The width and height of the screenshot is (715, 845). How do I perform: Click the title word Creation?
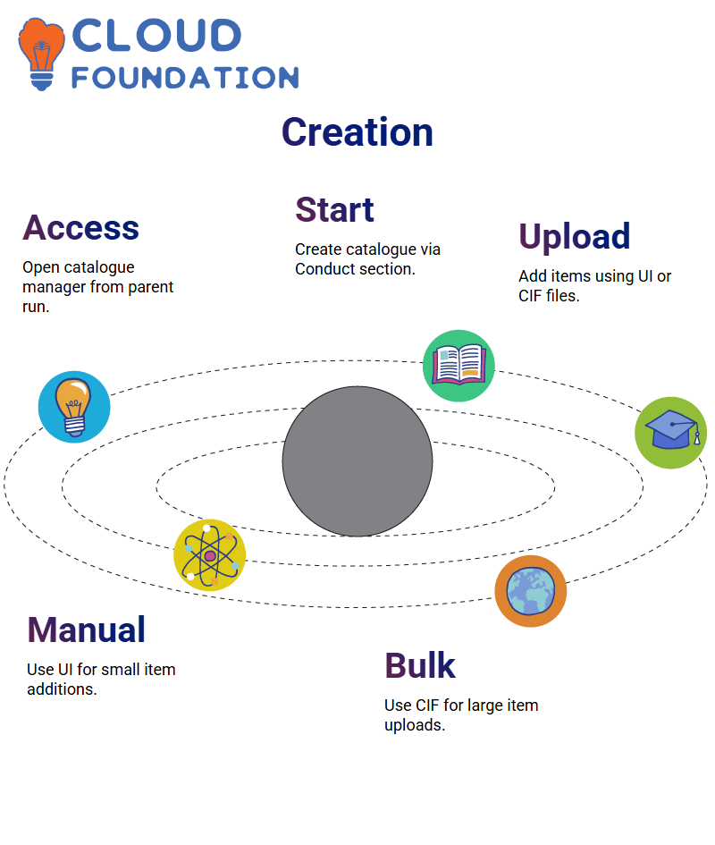click(357, 132)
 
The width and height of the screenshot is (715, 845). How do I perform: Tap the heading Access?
click(80, 227)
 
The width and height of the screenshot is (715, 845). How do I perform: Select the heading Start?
click(334, 209)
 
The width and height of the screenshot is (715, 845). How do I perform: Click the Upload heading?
click(575, 237)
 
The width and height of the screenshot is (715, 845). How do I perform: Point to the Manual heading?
click(86, 630)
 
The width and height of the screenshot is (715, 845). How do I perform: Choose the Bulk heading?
click(420, 665)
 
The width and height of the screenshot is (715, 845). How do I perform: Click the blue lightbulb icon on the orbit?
click(74, 407)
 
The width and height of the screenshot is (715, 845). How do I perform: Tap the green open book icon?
click(458, 366)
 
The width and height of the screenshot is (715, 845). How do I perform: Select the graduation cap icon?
click(671, 433)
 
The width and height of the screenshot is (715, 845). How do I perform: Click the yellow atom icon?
click(210, 555)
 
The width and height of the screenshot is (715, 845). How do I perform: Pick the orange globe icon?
click(531, 591)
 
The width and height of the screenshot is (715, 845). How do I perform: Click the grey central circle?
click(357, 461)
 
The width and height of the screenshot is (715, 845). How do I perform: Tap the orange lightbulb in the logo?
click(41, 54)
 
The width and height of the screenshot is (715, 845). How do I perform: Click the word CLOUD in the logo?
click(156, 36)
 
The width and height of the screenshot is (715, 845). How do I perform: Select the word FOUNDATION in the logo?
click(185, 78)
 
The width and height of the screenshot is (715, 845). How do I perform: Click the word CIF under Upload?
click(530, 296)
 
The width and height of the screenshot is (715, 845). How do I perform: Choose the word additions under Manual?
click(62, 689)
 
